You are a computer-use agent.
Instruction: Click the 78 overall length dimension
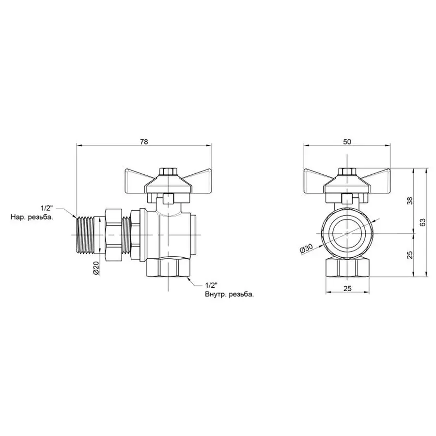144,141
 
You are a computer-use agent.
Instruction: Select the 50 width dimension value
347,141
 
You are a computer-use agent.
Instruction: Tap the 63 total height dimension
422,223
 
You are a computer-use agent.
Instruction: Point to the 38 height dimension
409,201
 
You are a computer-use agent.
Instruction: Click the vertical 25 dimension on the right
409,255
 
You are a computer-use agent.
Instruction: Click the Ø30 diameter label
306,249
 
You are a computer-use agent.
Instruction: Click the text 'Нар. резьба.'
32,218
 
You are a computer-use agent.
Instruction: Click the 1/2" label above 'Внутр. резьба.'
212,285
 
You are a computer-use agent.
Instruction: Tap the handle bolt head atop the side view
168,171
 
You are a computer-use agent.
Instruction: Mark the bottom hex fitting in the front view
347,267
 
